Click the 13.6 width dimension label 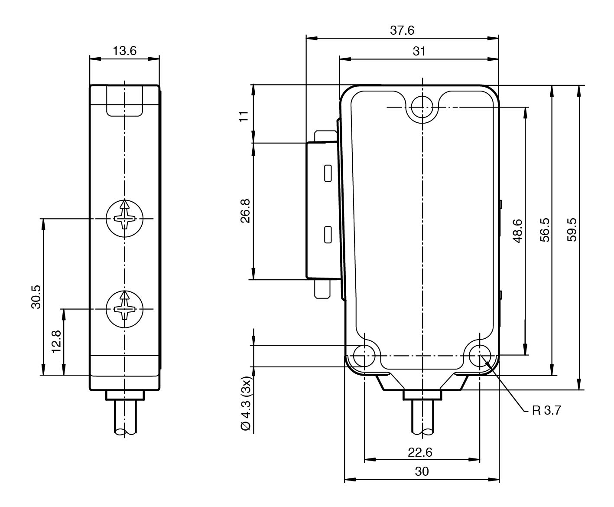pos(124,51)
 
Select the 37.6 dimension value pos(403,30)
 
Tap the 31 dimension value pos(419,51)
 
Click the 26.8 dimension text pos(245,211)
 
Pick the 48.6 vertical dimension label pos(517,231)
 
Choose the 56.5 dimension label pos(545,229)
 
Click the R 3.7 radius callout pos(546,410)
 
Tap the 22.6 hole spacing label pos(420,452)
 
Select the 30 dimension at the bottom pos(422,471)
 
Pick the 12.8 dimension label pos(57,342)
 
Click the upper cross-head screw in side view pos(124,219)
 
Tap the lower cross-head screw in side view pos(124,309)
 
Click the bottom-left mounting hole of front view pos(364,356)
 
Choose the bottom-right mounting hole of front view pos(480,356)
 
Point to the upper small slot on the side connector pos(328,173)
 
